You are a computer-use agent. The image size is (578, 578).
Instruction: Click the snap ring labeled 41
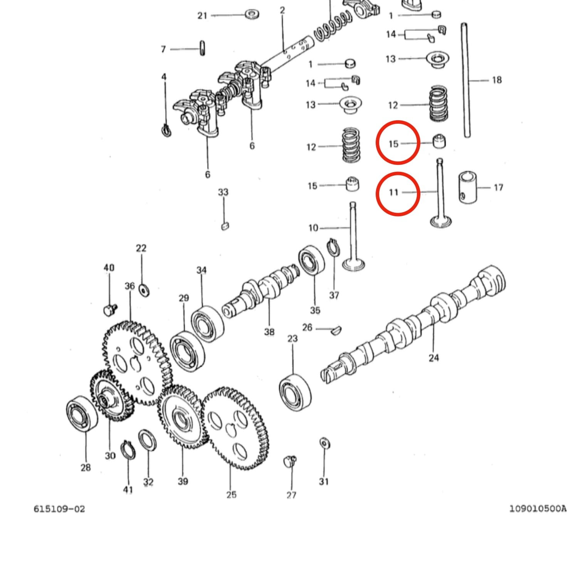click(x=128, y=450)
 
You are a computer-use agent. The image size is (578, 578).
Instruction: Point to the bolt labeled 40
click(x=110, y=309)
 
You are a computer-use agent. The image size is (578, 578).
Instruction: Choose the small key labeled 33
click(x=225, y=226)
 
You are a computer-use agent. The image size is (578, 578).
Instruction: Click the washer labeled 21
click(x=252, y=15)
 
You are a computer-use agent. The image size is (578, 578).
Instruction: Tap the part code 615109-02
click(x=59, y=509)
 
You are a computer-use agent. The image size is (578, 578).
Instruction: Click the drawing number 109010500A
click(x=538, y=509)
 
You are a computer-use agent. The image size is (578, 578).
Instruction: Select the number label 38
click(x=269, y=332)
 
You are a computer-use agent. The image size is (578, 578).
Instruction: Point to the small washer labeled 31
click(x=324, y=444)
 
